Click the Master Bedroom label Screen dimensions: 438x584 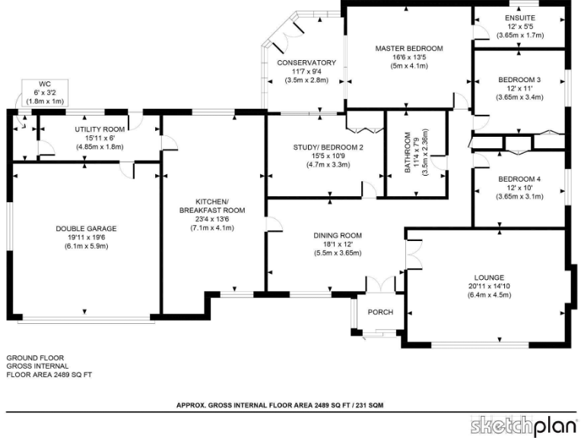[x=408, y=48]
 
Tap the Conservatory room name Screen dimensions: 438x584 [x=306, y=62]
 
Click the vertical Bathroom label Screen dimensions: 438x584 [x=408, y=152]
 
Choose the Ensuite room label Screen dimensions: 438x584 [x=519, y=17]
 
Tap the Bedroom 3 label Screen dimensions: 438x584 [x=519, y=80]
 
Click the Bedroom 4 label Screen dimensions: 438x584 [x=519, y=179]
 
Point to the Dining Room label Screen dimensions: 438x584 [x=337, y=235]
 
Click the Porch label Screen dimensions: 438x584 [x=380, y=313]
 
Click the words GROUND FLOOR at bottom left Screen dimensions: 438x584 [x=35, y=357]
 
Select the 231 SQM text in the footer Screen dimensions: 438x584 [x=367, y=406]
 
